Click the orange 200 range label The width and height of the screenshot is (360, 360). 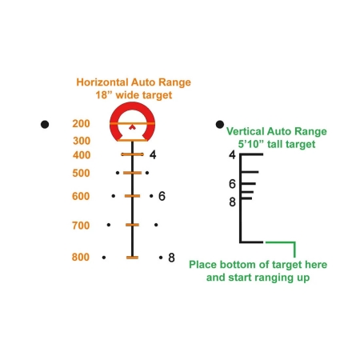[x=81, y=123]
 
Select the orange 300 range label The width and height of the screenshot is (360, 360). [x=82, y=141]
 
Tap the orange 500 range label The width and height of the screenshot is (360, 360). [x=81, y=173]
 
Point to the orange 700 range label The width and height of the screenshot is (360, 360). [x=81, y=226]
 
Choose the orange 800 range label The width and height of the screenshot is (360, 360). [x=81, y=257]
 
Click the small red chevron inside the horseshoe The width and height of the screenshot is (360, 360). [x=132, y=127]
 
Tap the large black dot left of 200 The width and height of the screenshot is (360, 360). [x=45, y=124]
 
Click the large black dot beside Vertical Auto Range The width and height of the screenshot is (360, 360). [x=220, y=124]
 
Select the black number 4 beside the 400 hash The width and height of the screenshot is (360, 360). [x=153, y=154]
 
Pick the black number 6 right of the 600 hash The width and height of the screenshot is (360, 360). [x=162, y=196]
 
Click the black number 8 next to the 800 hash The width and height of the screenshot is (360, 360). [x=171, y=258]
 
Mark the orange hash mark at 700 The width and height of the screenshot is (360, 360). [x=132, y=225]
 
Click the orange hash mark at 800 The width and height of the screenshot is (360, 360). [x=132, y=258]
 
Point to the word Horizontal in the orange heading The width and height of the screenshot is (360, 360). [x=102, y=82]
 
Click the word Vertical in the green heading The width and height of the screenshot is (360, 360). [x=245, y=131]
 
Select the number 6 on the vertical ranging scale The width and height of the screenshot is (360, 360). [x=232, y=184]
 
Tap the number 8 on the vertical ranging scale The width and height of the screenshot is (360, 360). [x=232, y=202]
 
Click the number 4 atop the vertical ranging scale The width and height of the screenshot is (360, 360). [x=232, y=154]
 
